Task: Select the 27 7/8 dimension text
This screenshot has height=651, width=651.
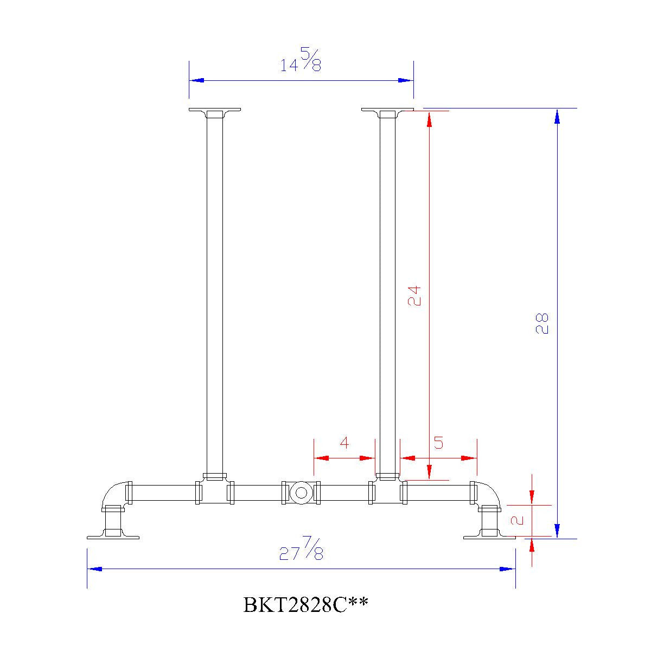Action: coord(302,549)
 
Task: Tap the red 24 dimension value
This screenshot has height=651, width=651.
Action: coord(414,296)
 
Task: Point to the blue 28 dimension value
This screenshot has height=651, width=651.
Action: coord(542,323)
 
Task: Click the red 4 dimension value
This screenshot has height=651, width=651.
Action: coord(344,443)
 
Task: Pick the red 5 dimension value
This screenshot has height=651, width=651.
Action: coord(438,443)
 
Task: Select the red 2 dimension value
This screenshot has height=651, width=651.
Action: coord(518,520)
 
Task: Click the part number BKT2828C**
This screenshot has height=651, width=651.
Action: coord(306,604)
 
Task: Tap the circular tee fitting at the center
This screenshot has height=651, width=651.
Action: coord(300,493)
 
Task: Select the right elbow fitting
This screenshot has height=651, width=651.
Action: coord(487,494)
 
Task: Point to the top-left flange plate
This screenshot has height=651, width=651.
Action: coord(215,111)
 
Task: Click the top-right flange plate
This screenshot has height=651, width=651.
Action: coord(387,111)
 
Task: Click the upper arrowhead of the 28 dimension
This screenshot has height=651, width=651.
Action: coord(557,116)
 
